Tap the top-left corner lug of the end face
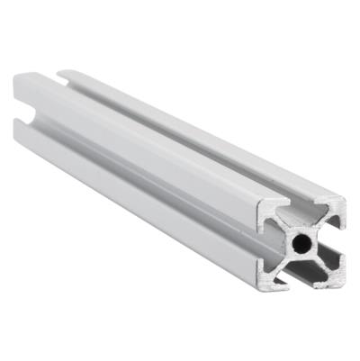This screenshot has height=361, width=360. [269, 210]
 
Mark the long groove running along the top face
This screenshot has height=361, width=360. [180, 135]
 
